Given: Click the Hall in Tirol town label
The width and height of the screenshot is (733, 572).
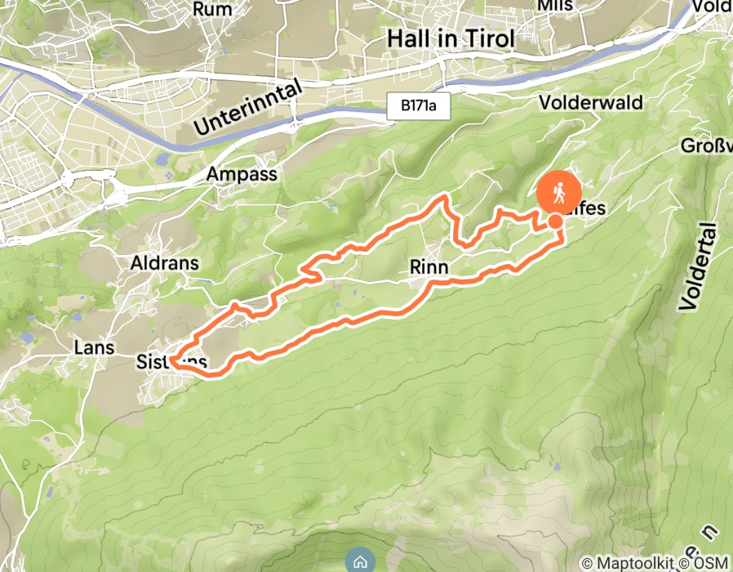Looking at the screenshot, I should (451, 39).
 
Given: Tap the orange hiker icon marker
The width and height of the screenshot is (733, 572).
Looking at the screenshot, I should (559, 194).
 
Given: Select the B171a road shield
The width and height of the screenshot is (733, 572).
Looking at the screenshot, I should (419, 106).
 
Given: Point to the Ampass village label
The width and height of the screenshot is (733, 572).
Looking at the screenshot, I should (241, 174).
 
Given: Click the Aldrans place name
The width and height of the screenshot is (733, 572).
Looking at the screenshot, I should (165, 263).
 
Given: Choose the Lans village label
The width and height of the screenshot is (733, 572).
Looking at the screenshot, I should (93, 346).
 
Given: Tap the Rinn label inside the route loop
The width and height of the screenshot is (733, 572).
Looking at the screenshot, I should (429, 267).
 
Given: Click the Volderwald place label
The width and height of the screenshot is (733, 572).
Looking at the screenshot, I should (591, 103).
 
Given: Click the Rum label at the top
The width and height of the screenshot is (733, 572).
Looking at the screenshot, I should (212, 9).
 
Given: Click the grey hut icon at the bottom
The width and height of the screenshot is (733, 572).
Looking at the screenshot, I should (359, 561).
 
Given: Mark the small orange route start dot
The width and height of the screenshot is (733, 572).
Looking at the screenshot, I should (555, 221).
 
